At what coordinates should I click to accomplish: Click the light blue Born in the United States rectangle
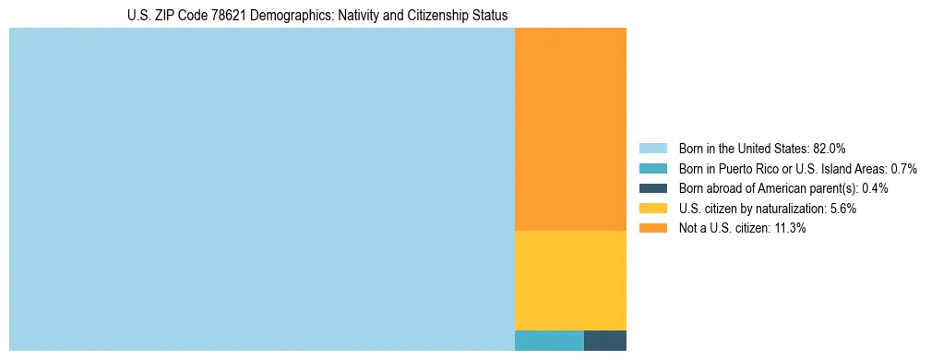[261, 189]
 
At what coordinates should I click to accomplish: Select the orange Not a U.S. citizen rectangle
[570, 129]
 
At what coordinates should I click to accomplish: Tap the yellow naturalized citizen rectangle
[570, 280]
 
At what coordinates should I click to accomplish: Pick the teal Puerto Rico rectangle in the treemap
[549, 340]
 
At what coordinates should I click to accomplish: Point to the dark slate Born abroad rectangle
[605, 340]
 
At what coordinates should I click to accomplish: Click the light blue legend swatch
[652, 148]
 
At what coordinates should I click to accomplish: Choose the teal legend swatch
[652, 168]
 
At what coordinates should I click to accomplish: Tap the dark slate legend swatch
[652, 188]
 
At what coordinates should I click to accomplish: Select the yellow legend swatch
[652, 209]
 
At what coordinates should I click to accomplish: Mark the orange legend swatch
[652, 229]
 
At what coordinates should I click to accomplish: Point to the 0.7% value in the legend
[903, 168]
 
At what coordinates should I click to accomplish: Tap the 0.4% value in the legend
[876, 188]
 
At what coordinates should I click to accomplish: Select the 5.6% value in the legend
[842, 209]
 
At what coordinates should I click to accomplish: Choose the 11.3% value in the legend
[790, 229]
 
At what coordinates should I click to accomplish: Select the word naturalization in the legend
[792, 209]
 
